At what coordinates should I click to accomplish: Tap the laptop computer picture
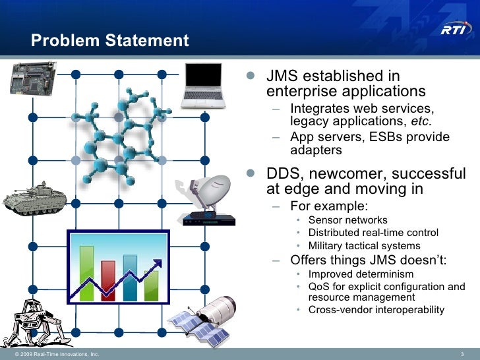(x=205, y=84)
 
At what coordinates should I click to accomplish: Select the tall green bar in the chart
(x=86, y=271)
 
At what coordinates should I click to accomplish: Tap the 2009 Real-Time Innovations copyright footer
(x=53, y=354)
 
